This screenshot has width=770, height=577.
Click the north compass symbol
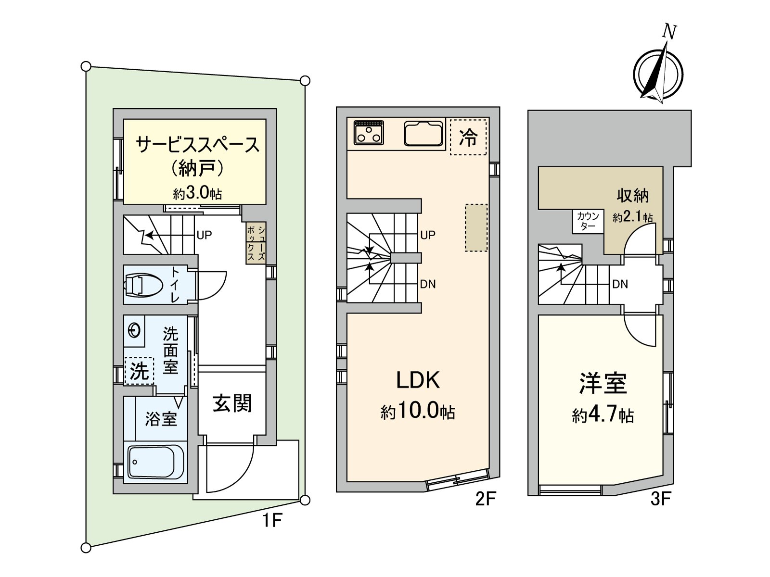click(x=658, y=72)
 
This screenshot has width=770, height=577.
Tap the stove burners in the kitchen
click(x=369, y=132)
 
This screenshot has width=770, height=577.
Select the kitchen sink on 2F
click(x=423, y=133)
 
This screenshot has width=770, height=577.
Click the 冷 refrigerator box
click(x=468, y=137)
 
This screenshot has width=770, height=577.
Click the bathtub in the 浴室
click(x=155, y=462)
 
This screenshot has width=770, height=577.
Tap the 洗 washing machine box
click(x=139, y=371)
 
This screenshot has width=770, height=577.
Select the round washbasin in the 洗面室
click(x=134, y=331)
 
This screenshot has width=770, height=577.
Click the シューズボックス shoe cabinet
click(x=256, y=243)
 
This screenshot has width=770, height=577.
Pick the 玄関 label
click(x=232, y=403)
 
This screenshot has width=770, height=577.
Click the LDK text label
click(x=418, y=380)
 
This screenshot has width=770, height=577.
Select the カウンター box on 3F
click(x=588, y=221)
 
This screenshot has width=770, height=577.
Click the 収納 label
click(x=633, y=196)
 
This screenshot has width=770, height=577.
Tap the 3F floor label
click(x=660, y=500)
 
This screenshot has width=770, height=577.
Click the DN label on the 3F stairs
click(x=620, y=284)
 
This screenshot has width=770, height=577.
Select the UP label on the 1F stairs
click(x=204, y=235)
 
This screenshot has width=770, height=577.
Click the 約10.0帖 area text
click(x=418, y=412)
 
